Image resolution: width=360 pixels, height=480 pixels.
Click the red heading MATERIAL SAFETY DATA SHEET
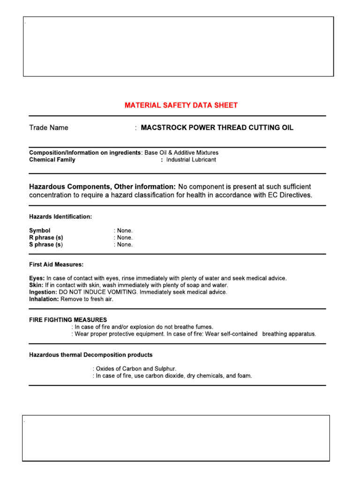coord(181,105)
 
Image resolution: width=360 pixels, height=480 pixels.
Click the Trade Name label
coord(48,127)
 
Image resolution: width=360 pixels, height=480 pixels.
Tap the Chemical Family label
coord(52,160)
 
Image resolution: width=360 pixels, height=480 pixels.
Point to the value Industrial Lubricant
coord(191,160)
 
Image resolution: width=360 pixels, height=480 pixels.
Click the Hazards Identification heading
coord(60,217)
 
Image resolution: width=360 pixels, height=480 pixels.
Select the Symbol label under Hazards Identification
coord(40,231)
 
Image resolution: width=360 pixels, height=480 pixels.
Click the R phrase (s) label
coord(46,238)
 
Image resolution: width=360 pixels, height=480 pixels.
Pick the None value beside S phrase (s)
coord(124,245)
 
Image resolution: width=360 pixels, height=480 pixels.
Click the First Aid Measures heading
coord(56,265)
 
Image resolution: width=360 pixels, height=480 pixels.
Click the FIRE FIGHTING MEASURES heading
coord(68,320)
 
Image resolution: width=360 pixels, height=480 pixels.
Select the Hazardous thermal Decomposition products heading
coord(90,355)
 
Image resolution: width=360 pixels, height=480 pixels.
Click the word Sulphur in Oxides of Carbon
coord(165,369)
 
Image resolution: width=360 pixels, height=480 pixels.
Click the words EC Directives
coord(286,195)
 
